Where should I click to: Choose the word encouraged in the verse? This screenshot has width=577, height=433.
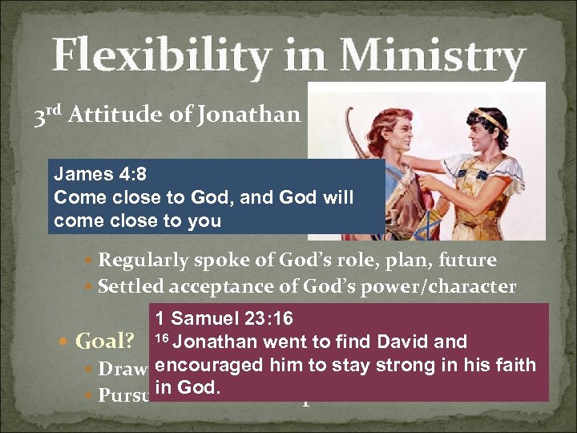point(205,365)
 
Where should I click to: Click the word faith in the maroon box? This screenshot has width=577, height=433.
point(514,365)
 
